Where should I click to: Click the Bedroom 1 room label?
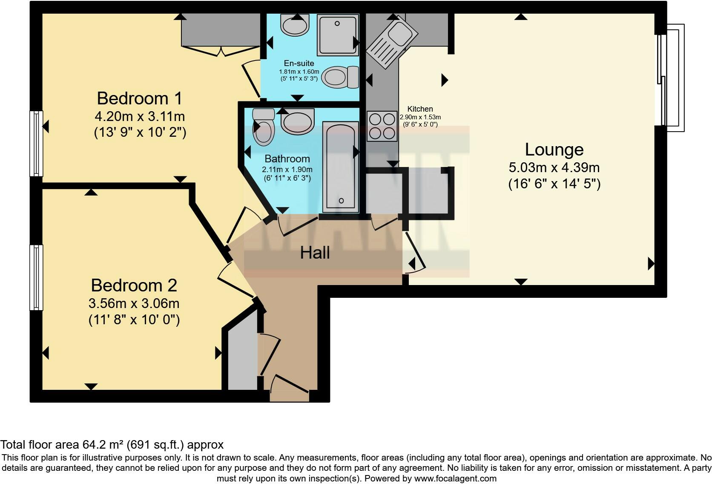pos(139,98)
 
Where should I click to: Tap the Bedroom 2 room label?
pos(134,285)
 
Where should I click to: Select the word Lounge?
pos(554,150)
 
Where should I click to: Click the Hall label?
pos(315,253)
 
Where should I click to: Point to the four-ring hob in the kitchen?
pos(382,126)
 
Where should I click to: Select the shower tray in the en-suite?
pos(337,34)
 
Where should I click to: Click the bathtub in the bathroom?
pos(341,166)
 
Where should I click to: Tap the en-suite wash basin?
pos(295,26)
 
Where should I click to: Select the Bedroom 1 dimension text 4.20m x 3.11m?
pos(140,116)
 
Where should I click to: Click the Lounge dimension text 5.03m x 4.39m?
pos(554,167)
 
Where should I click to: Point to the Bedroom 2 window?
pos(36,277)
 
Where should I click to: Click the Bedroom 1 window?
pos(36,144)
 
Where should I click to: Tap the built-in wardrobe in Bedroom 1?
pos(221,30)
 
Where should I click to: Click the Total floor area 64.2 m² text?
pos(112,445)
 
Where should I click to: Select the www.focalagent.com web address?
pos(455,478)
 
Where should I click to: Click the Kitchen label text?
pos(420,109)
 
